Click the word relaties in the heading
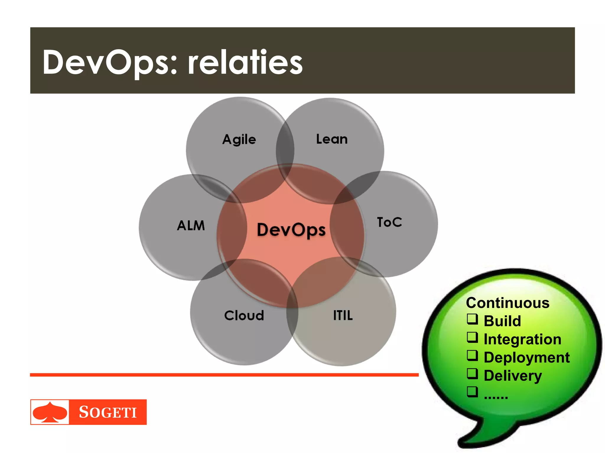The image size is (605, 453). pyautogui.click(x=245, y=63)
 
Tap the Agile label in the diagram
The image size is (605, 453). pyautogui.click(x=239, y=139)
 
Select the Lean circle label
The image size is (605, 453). pyautogui.click(x=332, y=139)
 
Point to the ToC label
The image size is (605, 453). pyautogui.click(x=389, y=222)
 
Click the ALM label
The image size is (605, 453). pyautogui.click(x=191, y=226)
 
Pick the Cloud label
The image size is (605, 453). pyautogui.click(x=244, y=315)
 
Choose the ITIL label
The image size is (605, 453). pyautogui.click(x=343, y=315)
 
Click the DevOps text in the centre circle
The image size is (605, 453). pyautogui.click(x=291, y=230)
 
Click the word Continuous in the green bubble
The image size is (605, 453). pyautogui.click(x=508, y=303)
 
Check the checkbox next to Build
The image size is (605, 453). pyautogui.click(x=472, y=319)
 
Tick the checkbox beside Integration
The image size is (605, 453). pyautogui.click(x=472, y=337)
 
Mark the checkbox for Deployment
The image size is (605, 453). pyautogui.click(x=472, y=355)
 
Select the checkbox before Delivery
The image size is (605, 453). pyautogui.click(x=472, y=374)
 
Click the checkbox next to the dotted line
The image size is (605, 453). pyautogui.click(x=472, y=392)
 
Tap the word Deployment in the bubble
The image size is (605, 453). pyautogui.click(x=526, y=358)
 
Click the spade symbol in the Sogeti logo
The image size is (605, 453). pyautogui.click(x=50, y=412)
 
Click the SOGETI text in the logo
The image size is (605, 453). pyautogui.click(x=108, y=412)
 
